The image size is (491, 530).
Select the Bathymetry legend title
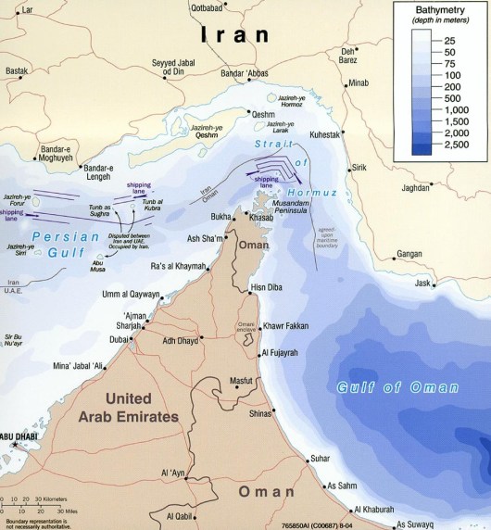coord(443,11)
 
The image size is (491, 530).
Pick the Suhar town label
coord(320,458)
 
